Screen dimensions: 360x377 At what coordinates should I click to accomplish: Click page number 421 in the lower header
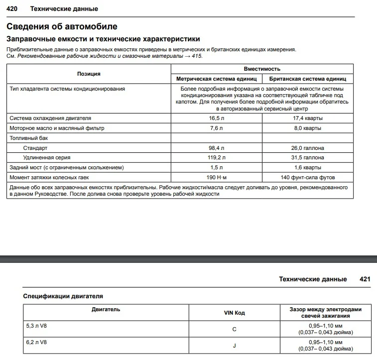(365, 279)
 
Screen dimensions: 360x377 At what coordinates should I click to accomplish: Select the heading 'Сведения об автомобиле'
(62, 26)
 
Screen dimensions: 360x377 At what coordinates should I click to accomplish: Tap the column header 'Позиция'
(89, 74)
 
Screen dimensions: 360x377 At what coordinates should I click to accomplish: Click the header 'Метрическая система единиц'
(216, 79)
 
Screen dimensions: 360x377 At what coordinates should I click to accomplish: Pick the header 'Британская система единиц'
(308, 79)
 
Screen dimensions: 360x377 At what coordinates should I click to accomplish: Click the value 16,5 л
(216, 119)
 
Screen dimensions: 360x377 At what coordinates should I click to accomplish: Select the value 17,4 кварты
(308, 119)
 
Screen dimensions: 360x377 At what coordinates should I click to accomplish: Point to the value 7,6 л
(216, 128)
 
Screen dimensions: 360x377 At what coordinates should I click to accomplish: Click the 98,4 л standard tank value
(216, 148)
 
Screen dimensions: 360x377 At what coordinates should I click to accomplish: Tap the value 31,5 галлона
(308, 157)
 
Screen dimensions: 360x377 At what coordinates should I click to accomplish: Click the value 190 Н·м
(216, 177)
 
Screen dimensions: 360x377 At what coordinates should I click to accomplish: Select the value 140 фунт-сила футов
(308, 177)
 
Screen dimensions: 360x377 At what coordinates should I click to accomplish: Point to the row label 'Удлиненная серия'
(46, 157)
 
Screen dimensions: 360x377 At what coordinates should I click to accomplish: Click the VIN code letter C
(234, 329)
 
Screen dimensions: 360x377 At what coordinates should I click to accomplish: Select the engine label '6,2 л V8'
(37, 343)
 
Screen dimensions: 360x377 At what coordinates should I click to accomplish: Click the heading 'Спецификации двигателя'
(63, 296)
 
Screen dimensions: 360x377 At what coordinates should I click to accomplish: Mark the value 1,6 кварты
(308, 167)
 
